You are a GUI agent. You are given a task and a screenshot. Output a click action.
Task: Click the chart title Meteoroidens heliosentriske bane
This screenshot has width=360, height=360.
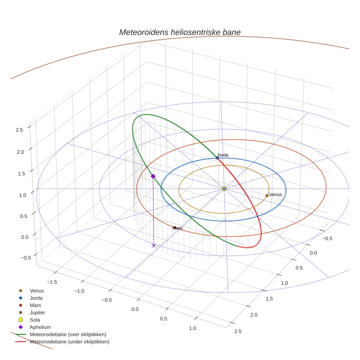click(180, 32)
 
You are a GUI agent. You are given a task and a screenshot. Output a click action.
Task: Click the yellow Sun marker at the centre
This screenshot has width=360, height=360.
click(224, 189)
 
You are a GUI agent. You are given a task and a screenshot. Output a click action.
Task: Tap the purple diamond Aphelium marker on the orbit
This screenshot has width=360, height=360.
click(153, 176)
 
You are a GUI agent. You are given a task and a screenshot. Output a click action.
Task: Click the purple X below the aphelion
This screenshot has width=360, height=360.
click(154, 245)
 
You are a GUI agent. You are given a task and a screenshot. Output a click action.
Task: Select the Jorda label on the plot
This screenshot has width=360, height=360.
click(222, 155)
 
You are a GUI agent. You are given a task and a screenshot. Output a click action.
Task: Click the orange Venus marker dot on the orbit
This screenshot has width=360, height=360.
click(267, 196)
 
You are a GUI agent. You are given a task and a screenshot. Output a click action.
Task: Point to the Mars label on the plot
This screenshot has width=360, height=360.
click(177, 228)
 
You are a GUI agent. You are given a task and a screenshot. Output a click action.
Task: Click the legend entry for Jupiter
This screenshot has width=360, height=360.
click(37, 312)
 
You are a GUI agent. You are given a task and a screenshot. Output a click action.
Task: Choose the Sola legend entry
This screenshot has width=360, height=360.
click(35, 320)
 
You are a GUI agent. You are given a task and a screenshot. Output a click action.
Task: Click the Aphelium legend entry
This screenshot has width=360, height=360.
click(40, 327)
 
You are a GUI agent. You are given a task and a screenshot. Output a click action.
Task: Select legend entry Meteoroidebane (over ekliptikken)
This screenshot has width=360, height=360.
click(68, 334)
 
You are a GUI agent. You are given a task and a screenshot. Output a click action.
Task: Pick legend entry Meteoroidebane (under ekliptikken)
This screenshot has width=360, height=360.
click(69, 342)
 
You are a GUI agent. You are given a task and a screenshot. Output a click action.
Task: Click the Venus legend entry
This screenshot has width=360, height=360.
click(37, 290)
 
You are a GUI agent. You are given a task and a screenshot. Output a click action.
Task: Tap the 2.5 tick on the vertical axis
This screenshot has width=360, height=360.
click(19, 130)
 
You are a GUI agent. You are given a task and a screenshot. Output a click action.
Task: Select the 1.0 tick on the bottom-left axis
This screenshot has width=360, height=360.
click(192, 328)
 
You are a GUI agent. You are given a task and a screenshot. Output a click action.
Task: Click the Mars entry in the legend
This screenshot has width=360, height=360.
click(35, 305)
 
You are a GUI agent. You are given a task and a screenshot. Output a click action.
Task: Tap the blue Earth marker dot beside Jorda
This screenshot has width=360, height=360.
click(217, 158)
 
